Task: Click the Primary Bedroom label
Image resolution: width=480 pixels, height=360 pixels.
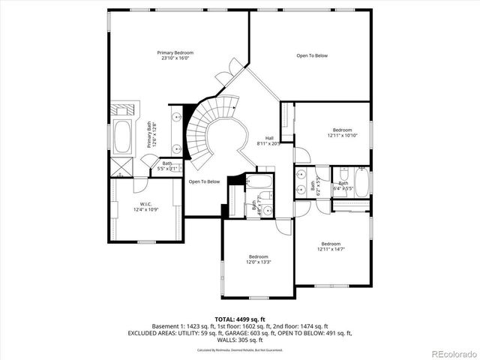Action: pyautogui.click(x=175, y=52)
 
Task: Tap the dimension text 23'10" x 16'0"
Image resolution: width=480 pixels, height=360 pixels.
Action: pyautogui.click(x=175, y=58)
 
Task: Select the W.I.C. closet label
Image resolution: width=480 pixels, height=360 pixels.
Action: pyautogui.click(x=146, y=204)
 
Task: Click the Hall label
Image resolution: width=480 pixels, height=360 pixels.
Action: pyautogui.click(x=268, y=137)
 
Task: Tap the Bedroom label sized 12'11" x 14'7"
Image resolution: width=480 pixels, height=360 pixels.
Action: pyautogui.click(x=331, y=244)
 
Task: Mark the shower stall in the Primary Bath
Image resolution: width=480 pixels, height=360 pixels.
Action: pyautogui.click(x=122, y=166)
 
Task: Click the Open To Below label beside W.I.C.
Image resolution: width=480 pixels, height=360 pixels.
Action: pyautogui.click(x=204, y=181)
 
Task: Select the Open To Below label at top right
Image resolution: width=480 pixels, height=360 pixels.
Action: pyautogui.click(x=312, y=55)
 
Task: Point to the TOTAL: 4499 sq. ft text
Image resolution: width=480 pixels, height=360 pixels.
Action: pyautogui.click(x=240, y=319)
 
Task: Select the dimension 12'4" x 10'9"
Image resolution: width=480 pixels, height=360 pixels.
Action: pyautogui.click(x=146, y=210)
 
